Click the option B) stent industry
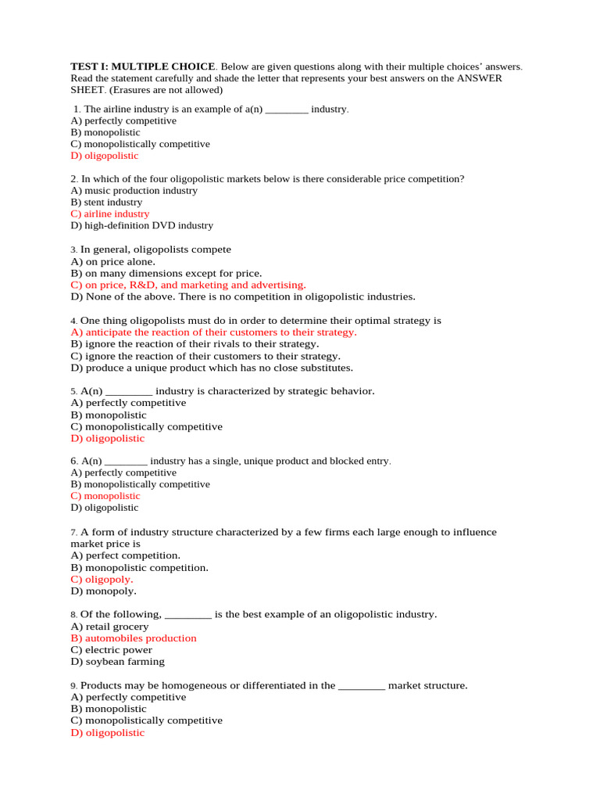pyautogui.click(x=106, y=202)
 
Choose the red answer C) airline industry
pyautogui.click(x=109, y=214)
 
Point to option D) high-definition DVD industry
pyautogui.click(x=141, y=225)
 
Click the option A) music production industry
pyautogui.click(x=134, y=190)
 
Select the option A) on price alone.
pyautogui.click(x=112, y=261)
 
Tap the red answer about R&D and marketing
pyautogui.click(x=187, y=285)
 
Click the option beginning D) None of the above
pyautogui.click(x=242, y=296)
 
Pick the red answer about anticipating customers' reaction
pyautogui.click(x=213, y=332)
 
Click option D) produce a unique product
pyautogui.click(x=211, y=367)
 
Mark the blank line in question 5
pyautogui.click(x=128, y=391)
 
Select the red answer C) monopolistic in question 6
pyautogui.click(x=105, y=496)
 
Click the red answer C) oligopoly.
pyautogui.click(x=102, y=579)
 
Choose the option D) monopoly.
pyautogui.click(x=103, y=591)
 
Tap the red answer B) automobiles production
pyautogui.click(x=133, y=638)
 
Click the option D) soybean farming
pyautogui.click(x=117, y=661)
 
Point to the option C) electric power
pyautogui.click(x=111, y=649)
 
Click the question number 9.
pyautogui.click(x=73, y=685)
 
